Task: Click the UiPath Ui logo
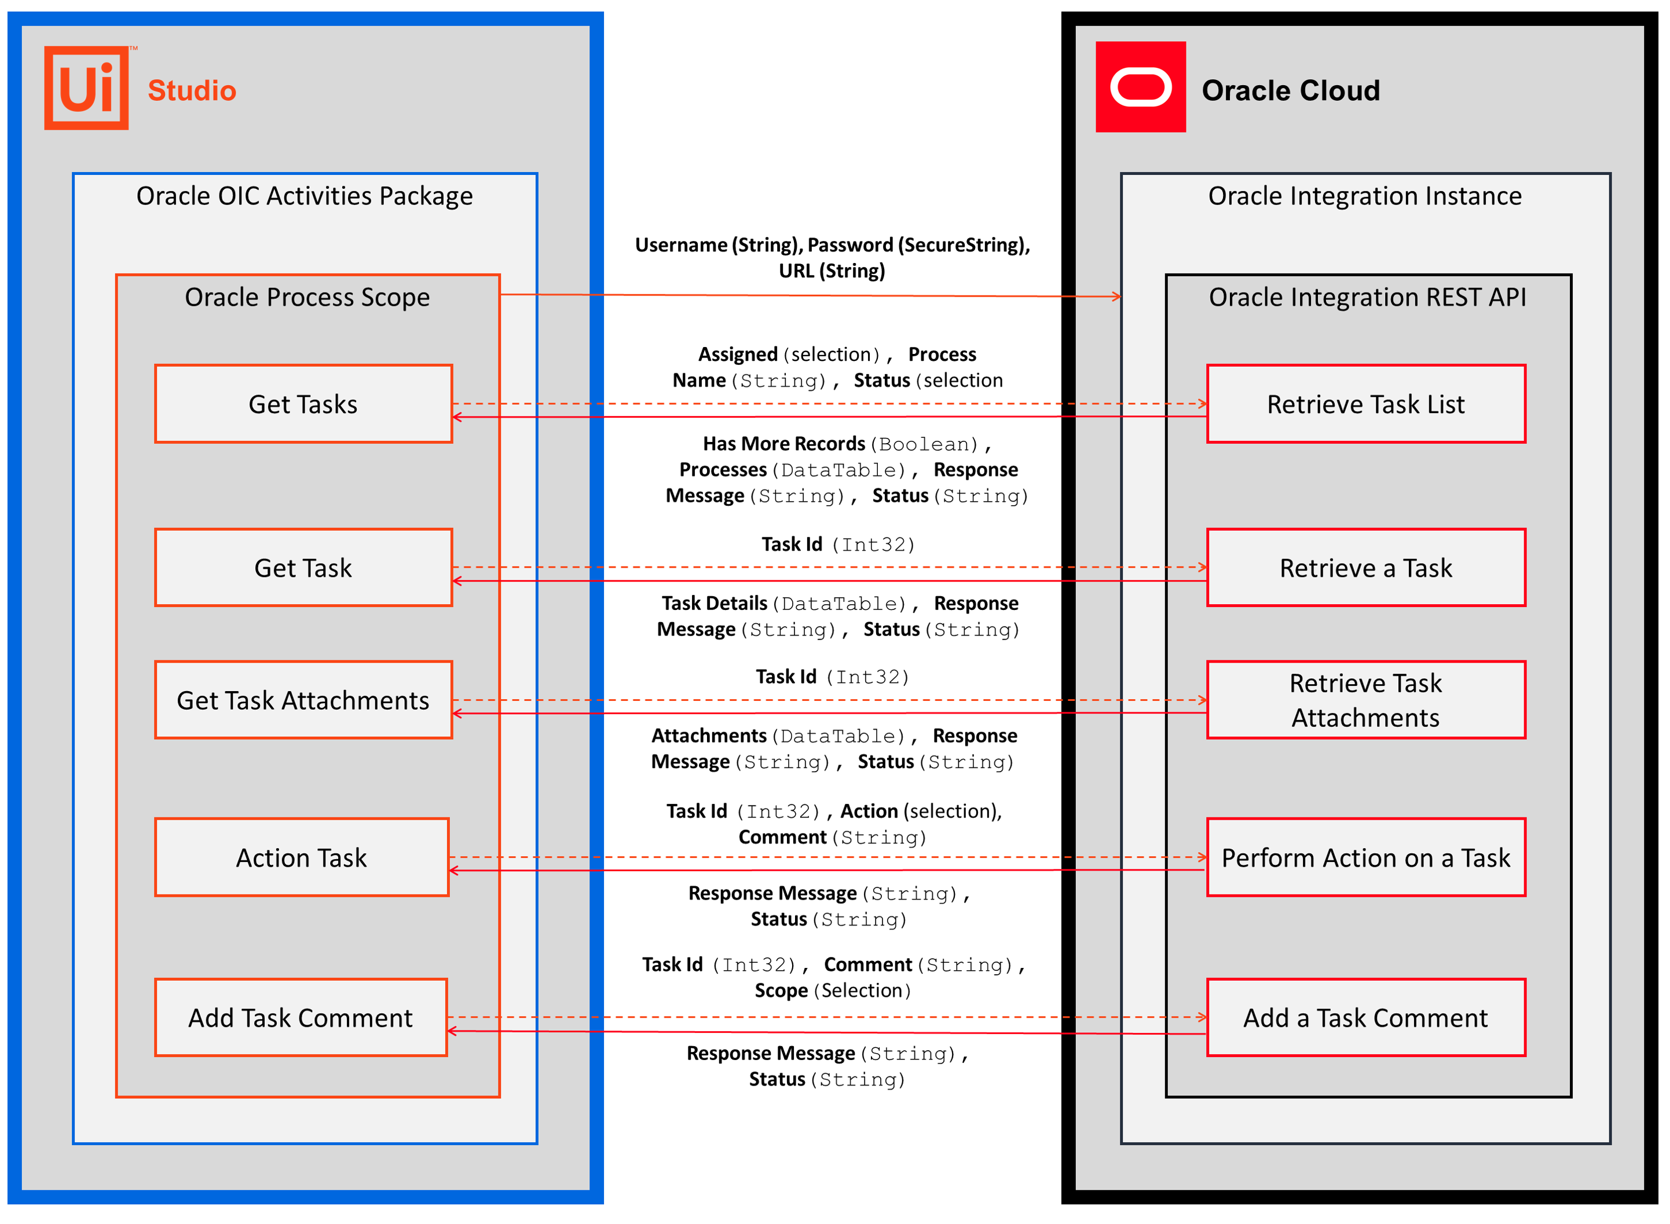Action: (87, 87)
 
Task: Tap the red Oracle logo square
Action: (1141, 87)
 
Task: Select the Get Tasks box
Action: (303, 404)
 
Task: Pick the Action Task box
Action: (302, 857)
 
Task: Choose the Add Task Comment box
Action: (301, 1017)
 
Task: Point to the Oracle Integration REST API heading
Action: (1367, 297)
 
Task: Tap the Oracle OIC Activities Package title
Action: (305, 196)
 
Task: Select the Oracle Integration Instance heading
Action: (1365, 196)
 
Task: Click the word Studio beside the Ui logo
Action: (192, 90)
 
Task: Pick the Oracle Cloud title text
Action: (1291, 90)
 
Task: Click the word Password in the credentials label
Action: (850, 244)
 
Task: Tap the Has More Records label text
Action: (783, 443)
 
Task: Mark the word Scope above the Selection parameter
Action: (781, 990)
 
